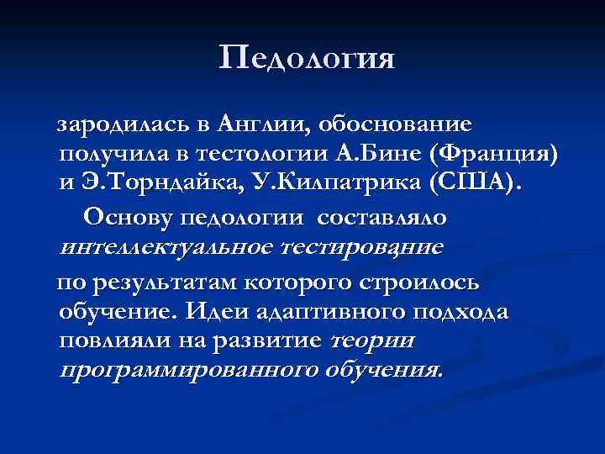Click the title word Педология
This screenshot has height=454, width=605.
pos(307,60)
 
